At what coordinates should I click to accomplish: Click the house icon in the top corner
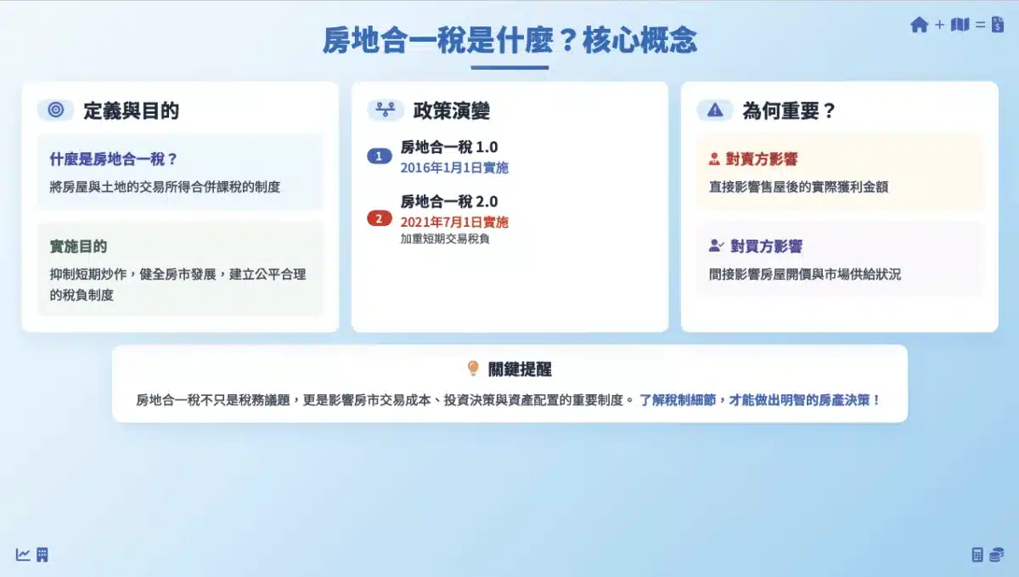pyautogui.click(x=920, y=25)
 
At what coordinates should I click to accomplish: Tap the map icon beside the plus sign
pyautogui.click(x=960, y=25)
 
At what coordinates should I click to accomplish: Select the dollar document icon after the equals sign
pyautogui.click(x=998, y=25)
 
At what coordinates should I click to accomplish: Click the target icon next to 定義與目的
pyautogui.click(x=56, y=110)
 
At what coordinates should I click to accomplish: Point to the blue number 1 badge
pyautogui.click(x=379, y=156)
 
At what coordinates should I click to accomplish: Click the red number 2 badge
pyautogui.click(x=379, y=218)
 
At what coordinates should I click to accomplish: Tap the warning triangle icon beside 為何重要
pyautogui.click(x=715, y=110)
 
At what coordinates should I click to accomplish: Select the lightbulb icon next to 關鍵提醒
pyautogui.click(x=473, y=369)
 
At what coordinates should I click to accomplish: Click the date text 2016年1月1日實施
pyautogui.click(x=454, y=168)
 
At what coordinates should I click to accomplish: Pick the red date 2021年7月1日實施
pyautogui.click(x=454, y=223)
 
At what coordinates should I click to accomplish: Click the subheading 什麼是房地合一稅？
pyautogui.click(x=113, y=159)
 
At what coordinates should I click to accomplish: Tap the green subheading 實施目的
pyautogui.click(x=78, y=246)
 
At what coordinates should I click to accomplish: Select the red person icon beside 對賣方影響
pyautogui.click(x=714, y=159)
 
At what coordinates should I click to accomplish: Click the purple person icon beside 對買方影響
pyautogui.click(x=716, y=246)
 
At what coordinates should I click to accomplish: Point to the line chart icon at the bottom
pyautogui.click(x=23, y=555)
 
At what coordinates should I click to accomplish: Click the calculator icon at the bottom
pyautogui.click(x=977, y=555)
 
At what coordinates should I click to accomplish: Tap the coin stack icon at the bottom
pyautogui.click(x=997, y=555)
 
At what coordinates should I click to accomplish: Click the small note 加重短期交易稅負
pyautogui.click(x=445, y=239)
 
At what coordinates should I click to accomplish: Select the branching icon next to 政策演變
pyautogui.click(x=386, y=110)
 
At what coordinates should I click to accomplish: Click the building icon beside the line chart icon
pyautogui.click(x=42, y=555)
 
